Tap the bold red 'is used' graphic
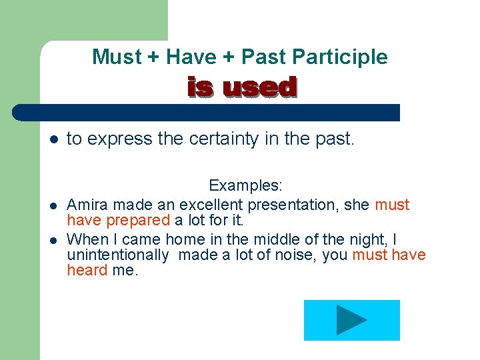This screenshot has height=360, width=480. (241, 87)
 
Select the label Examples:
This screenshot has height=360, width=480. (245, 185)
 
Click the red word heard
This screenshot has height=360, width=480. (87, 270)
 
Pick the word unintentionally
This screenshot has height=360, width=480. (117, 255)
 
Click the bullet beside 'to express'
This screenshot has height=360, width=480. (53, 140)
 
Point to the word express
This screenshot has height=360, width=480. (119, 139)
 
